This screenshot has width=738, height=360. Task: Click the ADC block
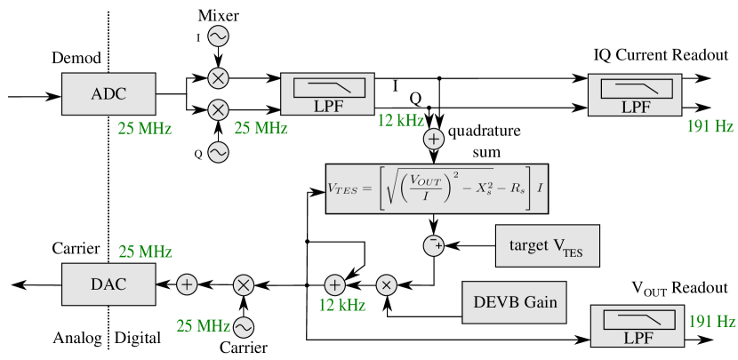click(x=108, y=94)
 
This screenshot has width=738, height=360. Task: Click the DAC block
click(x=108, y=284)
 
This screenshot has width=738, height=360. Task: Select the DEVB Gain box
click(x=514, y=302)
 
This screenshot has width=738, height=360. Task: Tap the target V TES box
click(x=547, y=245)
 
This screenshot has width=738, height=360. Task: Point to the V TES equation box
click(x=437, y=188)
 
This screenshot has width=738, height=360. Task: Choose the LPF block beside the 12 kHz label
click(x=327, y=95)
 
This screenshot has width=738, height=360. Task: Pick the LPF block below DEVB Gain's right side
click(x=638, y=326)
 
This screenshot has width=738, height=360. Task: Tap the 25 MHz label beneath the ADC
click(x=145, y=128)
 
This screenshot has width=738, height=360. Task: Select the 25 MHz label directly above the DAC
click(x=145, y=252)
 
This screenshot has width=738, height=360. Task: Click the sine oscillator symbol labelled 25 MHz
click(x=243, y=327)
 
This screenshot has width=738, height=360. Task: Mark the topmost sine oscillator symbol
click(x=218, y=36)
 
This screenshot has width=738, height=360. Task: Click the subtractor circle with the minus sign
click(x=434, y=245)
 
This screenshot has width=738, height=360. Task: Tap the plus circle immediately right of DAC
click(x=187, y=284)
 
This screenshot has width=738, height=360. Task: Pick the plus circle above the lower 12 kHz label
click(x=334, y=284)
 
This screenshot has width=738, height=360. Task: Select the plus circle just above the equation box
click(x=434, y=140)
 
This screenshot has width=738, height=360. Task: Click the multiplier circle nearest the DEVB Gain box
click(x=387, y=284)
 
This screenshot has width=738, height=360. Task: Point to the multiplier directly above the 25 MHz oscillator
click(x=243, y=284)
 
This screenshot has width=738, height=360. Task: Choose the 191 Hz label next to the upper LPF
click(x=710, y=126)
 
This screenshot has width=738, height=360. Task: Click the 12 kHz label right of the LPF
click(x=401, y=120)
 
